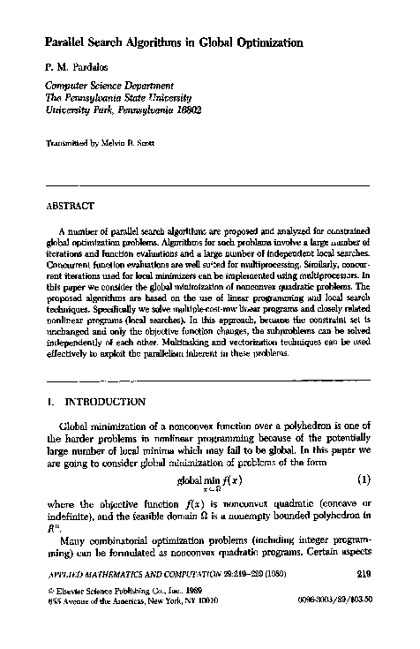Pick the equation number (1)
coord(362,481)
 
